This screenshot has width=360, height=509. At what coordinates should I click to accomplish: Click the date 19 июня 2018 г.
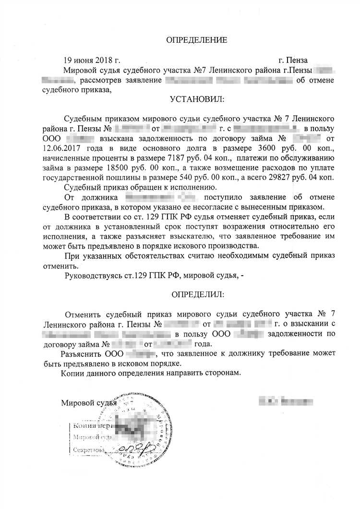click(x=91, y=61)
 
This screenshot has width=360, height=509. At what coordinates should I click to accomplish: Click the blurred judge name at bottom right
click(x=286, y=400)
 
